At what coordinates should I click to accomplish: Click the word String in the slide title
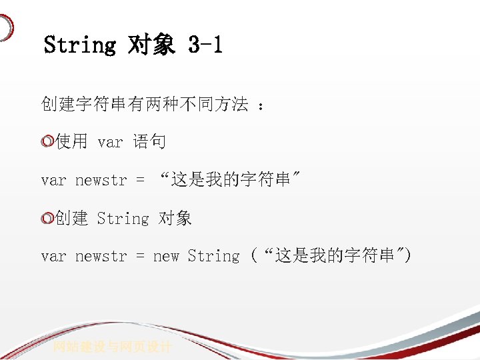[x=79, y=45]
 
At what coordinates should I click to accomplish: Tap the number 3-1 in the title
[x=206, y=45]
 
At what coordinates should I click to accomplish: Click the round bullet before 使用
[x=47, y=142]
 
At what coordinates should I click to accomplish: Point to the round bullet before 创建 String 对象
[x=47, y=219]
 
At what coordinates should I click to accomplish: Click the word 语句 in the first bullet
[x=149, y=142]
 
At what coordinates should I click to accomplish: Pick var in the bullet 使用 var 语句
[x=110, y=142]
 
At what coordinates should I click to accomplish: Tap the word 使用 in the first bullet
[x=72, y=142]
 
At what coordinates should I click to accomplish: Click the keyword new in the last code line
[x=166, y=256]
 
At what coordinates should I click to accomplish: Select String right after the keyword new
[x=213, y=256]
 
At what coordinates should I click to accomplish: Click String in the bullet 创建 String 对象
[x=123, y=219]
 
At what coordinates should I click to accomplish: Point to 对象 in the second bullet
[x=175, y=219]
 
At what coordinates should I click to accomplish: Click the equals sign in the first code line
[x=140, y=180]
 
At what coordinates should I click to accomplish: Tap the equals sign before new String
[x=140, y=256]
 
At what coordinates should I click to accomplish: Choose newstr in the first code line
[x=101, y=180]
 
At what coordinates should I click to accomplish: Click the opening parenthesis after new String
[x=254, y=256]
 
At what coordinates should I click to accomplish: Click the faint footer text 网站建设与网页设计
[x=113, y=347]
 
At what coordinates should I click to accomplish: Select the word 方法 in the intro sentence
[x=231, y=105]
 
